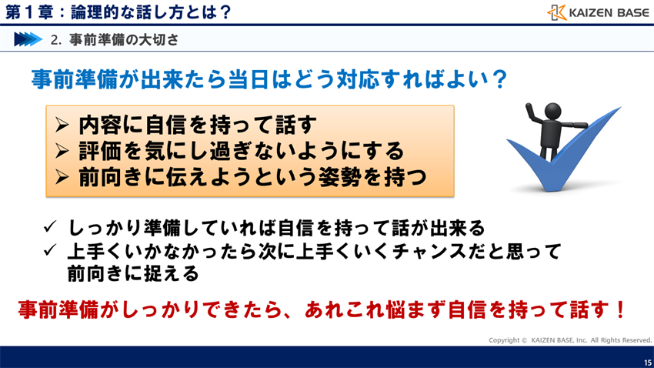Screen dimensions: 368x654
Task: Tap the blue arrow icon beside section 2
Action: tap(27, 38)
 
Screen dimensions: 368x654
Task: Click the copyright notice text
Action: tap(570, 340)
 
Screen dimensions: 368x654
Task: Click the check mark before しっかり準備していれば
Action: tap(49, 228)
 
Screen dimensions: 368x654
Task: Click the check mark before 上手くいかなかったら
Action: tap(49, 251)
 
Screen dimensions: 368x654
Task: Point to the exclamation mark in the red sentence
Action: tap(620, 310)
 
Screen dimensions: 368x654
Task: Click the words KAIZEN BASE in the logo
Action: tap(609, 12)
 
